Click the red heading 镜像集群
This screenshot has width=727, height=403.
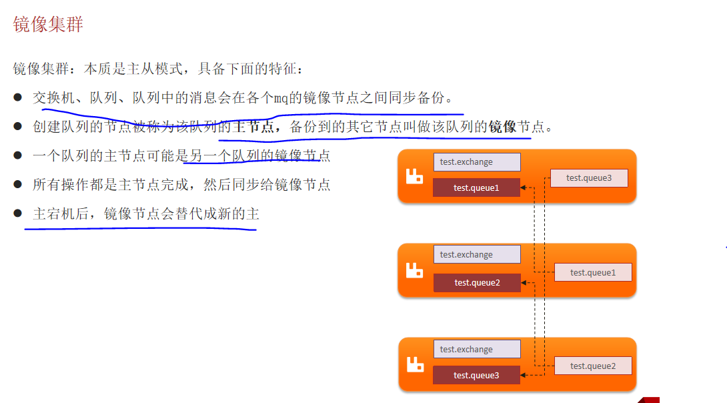click(48, 25)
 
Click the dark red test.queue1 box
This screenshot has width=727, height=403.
click(476, 187)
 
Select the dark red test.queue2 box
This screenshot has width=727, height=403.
click(477, 282)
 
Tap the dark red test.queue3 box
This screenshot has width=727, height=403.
click(476, 375)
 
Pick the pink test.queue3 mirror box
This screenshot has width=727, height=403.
click(588, 177)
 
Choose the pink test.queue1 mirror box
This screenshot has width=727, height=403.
click(593, 272)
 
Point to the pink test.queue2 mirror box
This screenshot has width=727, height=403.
click(593, 366)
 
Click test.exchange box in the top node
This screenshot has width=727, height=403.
click(476, 162)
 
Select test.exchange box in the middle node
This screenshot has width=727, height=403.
click(477, 254)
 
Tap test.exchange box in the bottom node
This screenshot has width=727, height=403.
click(477, 349)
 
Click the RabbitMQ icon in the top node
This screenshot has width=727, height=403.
click(415, 177)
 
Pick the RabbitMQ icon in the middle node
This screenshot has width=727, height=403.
click(415, 270)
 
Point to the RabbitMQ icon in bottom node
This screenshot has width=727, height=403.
click(415, 364)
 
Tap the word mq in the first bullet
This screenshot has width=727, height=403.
click(281, 98)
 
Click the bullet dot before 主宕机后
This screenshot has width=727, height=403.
click(18, 213)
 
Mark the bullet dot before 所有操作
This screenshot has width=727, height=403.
click(18, 184)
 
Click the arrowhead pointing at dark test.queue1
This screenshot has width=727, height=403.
click(524, 187)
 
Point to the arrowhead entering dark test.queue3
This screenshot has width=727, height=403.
click(524, 375)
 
